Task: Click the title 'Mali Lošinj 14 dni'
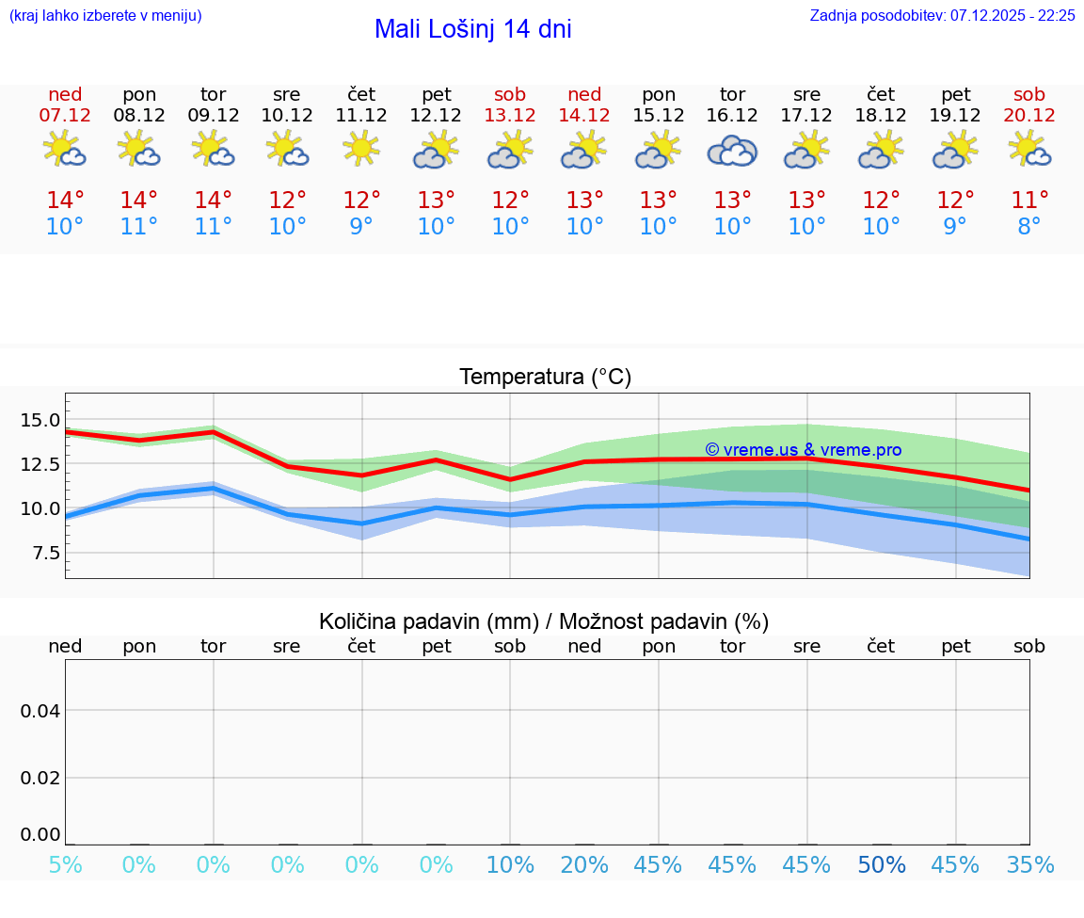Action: coord(472,29)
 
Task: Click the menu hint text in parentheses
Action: coord(105,15)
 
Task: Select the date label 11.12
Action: coord(361,115)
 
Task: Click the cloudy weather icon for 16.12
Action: coord(732,151)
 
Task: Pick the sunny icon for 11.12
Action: coord(361,148)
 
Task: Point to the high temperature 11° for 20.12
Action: coord(1029,200)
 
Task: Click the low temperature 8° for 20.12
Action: coord(1029,227)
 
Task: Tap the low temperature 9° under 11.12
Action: coord(361,227)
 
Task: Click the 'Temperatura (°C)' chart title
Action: coord(545,377)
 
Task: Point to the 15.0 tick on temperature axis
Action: coord(40,420)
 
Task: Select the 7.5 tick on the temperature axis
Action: coord(40,553)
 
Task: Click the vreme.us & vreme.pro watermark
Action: coord(803,450)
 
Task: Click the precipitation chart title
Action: coord(544,621)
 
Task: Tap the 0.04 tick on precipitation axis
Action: coord(40,711)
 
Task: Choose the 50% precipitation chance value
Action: coord(881,865)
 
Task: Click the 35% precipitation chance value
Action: coord(1029,865)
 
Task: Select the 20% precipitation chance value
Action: coord(584,865)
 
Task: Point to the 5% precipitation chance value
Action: coord(65,865)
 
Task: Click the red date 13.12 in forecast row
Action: coord(510,115)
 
